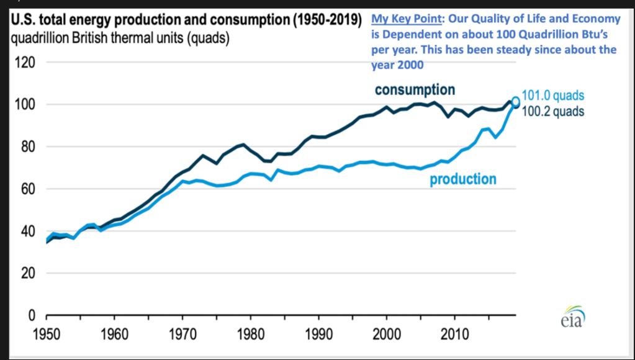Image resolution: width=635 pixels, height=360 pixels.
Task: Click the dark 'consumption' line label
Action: [x=415, y=89]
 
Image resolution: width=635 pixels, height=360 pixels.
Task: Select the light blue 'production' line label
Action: [x=463, y=179]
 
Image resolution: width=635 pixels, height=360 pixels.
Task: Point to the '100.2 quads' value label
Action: [x=554, y=112]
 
